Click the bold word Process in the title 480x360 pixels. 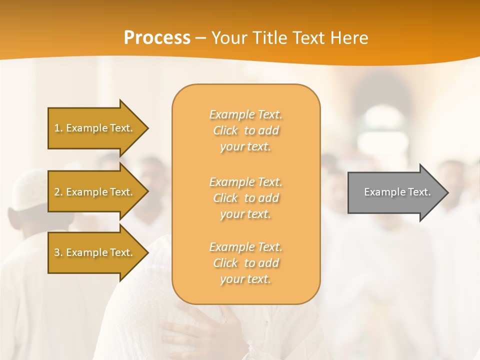157,38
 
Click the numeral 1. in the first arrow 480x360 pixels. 58,128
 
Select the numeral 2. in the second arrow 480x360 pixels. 58,192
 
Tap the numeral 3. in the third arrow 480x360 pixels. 58,252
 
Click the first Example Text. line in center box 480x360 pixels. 245,114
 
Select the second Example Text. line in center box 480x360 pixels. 245,181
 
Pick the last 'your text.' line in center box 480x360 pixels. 245,279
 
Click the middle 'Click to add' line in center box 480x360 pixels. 245,198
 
